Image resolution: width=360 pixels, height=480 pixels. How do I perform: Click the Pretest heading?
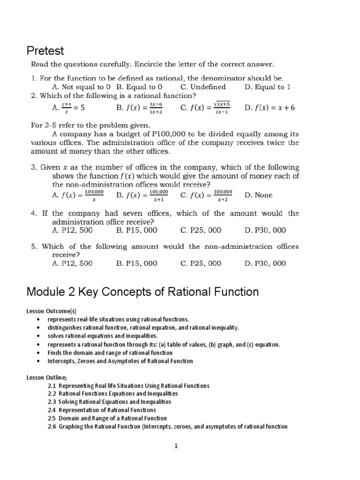pyautogui.click(x=45, y=50)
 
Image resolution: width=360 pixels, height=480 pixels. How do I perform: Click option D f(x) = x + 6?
pyautogui.click(x=270, y=108)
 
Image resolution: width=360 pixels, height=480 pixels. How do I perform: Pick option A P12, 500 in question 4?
pyautogui.click(x=72, y=231)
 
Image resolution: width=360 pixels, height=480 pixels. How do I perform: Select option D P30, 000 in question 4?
pyautogui.click(x=265, y=231)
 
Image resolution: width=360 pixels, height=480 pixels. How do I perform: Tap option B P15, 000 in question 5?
pyautogui.click(x=136, y=263)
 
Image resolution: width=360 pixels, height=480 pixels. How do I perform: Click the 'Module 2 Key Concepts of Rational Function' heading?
pyautogui.click(x=142, y=292)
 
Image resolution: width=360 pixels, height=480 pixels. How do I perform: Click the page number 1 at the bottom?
pyautogui.click(x=176, y=447)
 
